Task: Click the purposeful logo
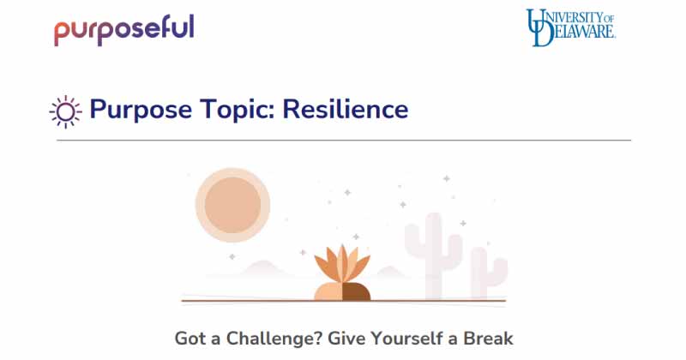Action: click(x=124, y=29)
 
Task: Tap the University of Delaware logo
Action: click(x=571, y=27)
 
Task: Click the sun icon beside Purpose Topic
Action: click(x=65, y=111)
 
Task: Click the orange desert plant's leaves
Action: click(x=341, y=263)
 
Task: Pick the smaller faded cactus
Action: click(x=488, y=273)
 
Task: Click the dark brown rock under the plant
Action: click(x=356, y=291)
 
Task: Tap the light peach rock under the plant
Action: click(x=328, y=291)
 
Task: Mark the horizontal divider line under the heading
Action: click(x=343, y=140)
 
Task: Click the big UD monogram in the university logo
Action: click(x=540, y=27)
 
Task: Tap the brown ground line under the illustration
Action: click(x=343, y=302)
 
